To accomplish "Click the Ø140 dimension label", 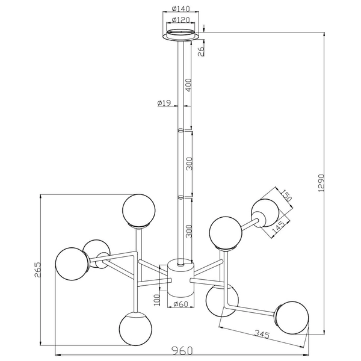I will tap(180, 9).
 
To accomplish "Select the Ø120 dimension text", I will tap(180, 20).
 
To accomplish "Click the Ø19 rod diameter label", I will tap(164, 103).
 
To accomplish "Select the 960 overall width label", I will tap(181, 348).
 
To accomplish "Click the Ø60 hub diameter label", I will tap(180, 304).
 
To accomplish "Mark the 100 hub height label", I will tap(158, 298).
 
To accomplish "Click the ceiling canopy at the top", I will tap(180, 35).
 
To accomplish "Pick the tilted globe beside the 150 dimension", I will tap(265, 212).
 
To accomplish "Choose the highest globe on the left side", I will tap(139, 210).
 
